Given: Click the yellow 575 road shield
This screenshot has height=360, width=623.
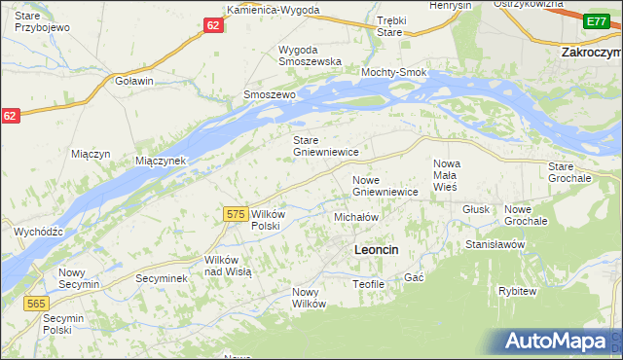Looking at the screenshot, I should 234,214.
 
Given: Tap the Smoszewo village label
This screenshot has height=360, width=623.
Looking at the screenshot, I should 269,95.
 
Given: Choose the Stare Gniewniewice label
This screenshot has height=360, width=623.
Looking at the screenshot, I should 327,146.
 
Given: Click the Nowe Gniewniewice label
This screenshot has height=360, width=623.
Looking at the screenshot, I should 385,186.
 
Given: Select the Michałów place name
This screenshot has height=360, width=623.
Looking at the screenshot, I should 355,217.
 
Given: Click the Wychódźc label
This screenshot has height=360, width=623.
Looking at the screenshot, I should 39,232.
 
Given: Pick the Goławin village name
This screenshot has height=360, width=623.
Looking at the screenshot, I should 134,81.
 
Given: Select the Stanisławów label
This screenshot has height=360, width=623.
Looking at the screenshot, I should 495,244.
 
